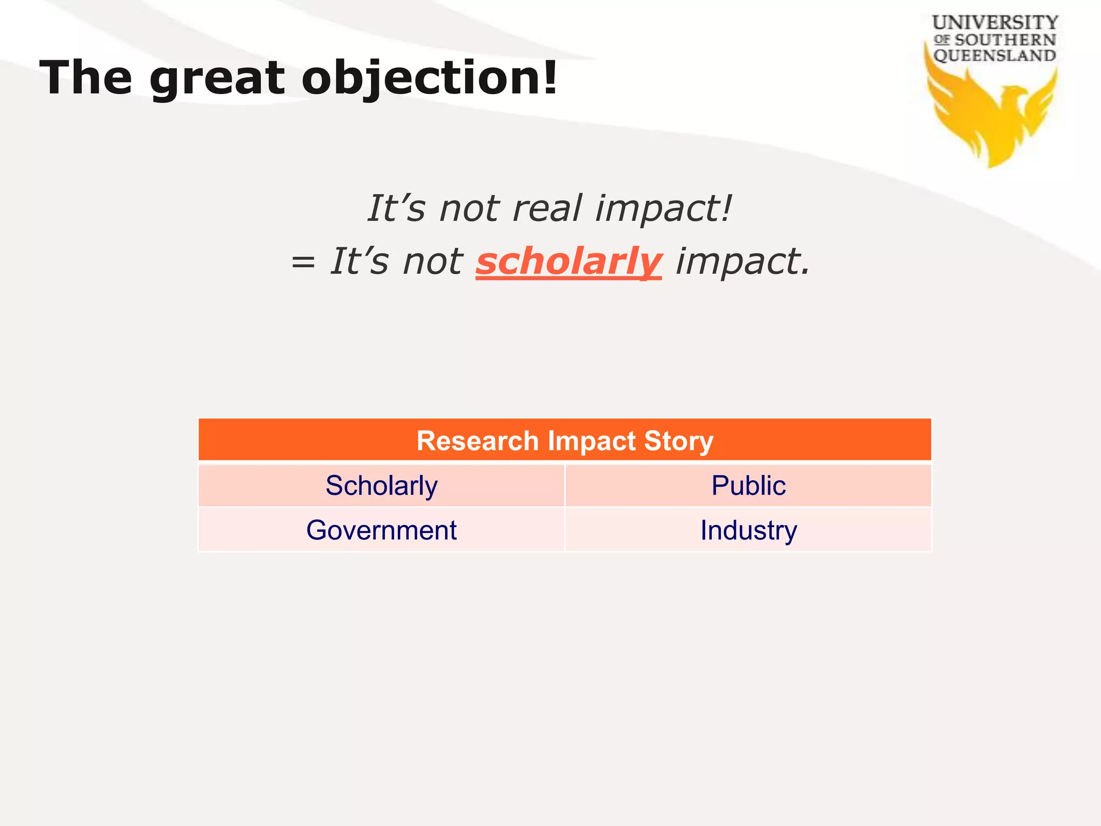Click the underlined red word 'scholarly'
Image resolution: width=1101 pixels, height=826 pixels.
(x=568, y=262)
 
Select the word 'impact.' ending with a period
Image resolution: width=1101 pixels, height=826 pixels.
(x=742, y=262)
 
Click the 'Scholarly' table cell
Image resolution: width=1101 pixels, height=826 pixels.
(x=382, y=486)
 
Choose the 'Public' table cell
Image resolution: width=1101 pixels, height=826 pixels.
(x=748, y=486)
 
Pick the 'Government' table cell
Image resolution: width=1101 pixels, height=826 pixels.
(x=382, y=530)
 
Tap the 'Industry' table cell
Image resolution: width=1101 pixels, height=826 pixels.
(x=748, y=530)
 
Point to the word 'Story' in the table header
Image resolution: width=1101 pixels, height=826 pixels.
(x=678, y=441)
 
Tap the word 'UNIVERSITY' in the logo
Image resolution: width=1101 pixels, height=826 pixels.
(x=995, y=23)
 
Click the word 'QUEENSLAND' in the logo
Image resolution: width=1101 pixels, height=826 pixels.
(x=995, y=55)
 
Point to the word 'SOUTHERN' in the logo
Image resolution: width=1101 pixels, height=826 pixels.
(x=1005, y=40)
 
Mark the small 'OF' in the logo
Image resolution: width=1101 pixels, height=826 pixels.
(x=942, y=40)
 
